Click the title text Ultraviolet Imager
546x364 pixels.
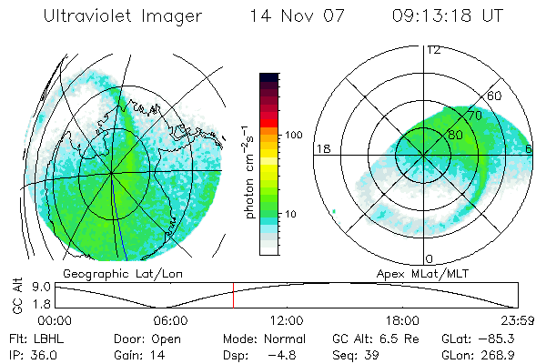click(122, 17)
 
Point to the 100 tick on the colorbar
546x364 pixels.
click(291, 135)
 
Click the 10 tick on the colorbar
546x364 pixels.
click(291, 214)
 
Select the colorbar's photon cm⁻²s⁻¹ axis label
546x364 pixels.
click(248, 164)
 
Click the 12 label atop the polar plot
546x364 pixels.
click(433, 49)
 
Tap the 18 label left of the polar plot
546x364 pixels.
click(322, 148)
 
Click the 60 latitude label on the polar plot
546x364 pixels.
click(495, 96)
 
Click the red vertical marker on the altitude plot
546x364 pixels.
click(233, 296)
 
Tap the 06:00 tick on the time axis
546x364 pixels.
click(170, 320)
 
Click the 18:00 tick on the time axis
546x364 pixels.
click(402, 320)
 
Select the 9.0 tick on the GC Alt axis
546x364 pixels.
click(40, 286)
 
